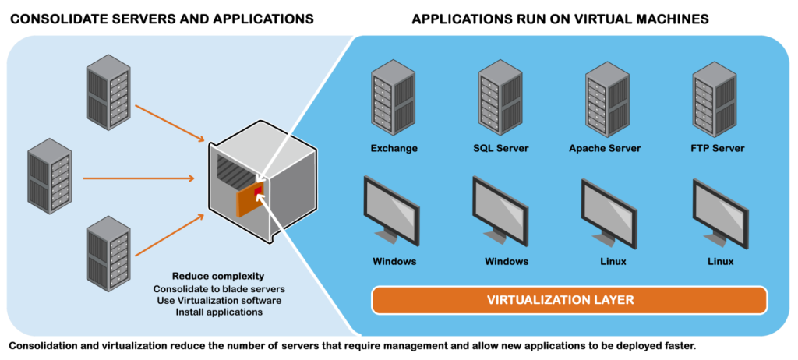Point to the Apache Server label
pos(605,148)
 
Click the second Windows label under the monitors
pos(507,261)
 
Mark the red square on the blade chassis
pos(258,191)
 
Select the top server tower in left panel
pos(108,97)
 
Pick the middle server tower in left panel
pos(50,176)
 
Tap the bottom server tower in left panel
pos(108,251)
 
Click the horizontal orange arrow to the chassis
pos(140,178)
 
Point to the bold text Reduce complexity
pos(218,277)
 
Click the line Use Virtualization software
pos(218,300)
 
